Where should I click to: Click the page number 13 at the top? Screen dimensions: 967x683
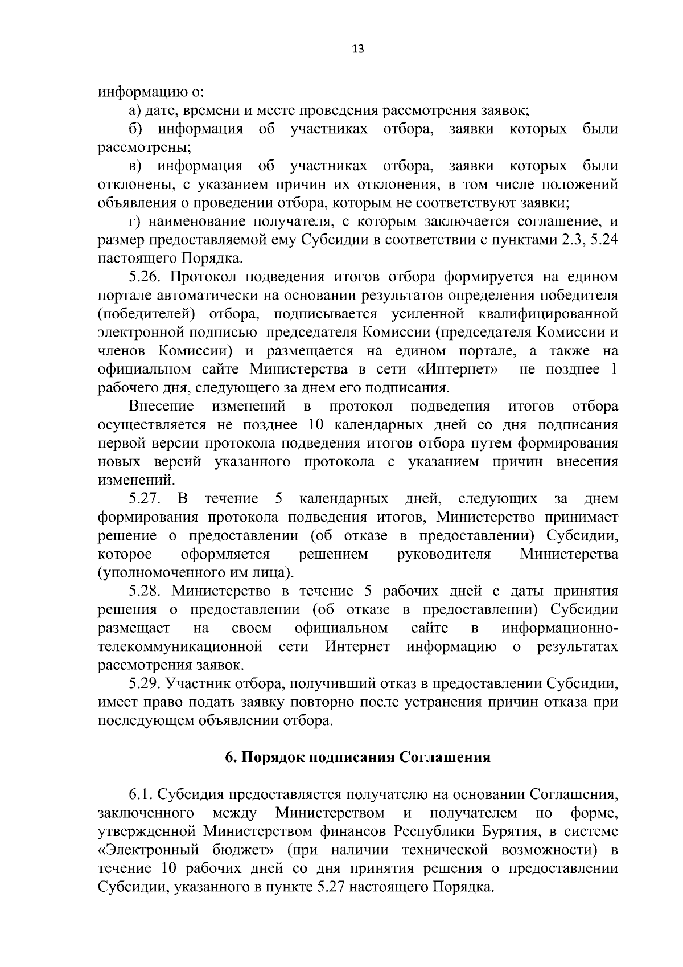(x=358, y=48)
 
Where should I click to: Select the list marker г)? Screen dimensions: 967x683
(x=134, y=222)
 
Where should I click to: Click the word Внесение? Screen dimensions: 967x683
(x=162, y=407)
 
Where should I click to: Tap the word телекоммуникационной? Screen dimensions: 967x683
(x=180, y=647)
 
